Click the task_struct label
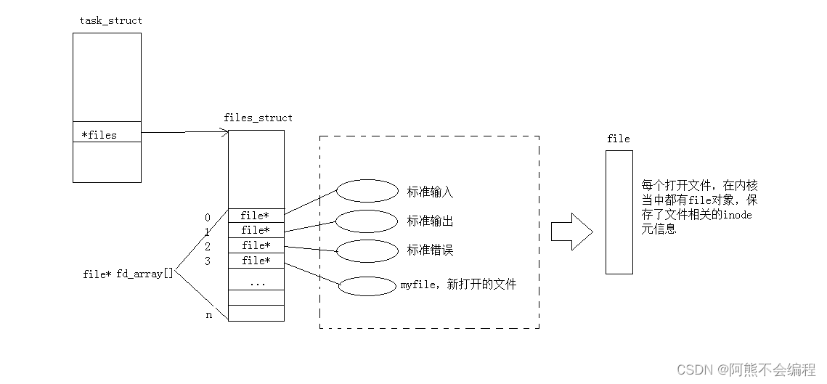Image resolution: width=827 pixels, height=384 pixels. pos(110,20)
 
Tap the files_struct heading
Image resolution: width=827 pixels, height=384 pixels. pos(258,118)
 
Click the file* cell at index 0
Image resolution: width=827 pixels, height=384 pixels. pos(256,216)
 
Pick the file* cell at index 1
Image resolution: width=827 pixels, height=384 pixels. pos(256,230)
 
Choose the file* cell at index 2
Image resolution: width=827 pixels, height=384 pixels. pos(256,245)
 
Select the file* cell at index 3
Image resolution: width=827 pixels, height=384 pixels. pos(256,261)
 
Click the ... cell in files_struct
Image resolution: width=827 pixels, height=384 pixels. pos(256,282)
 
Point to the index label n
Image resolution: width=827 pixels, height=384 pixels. pos(208,315)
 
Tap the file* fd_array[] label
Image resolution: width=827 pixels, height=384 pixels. pos(129,274)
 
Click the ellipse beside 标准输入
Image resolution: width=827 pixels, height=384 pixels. pos(367,192)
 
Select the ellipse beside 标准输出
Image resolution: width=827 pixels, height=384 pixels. pos(367,221)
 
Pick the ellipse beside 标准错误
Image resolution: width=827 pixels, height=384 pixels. pos(367,250)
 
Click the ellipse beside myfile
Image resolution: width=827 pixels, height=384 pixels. pos(367,286)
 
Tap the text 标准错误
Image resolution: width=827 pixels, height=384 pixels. pos(430,250)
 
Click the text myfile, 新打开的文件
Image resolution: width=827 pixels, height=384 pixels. pos(458,285)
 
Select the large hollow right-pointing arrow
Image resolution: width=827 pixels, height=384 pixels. pos(571,231)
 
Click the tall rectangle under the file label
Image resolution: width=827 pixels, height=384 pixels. pos(619,212)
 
